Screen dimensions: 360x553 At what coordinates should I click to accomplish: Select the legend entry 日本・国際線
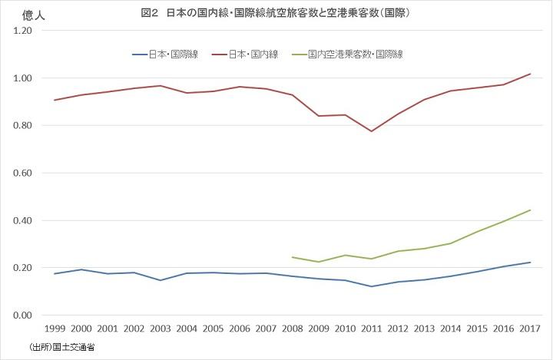[174, 54]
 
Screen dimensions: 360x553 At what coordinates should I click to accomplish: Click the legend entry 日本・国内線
[253, 54]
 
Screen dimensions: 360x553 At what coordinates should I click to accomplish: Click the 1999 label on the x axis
[55, 329]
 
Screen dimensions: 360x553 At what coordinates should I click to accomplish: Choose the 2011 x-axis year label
[372, 329]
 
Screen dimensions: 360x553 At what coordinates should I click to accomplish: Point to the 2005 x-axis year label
[214, 329]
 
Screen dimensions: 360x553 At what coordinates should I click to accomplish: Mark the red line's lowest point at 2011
[372, 131]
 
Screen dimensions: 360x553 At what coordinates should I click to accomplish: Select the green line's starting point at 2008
[293, 257]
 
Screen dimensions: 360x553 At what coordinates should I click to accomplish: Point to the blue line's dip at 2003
[161, 280]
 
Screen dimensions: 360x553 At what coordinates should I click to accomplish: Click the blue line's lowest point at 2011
[372, 286]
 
